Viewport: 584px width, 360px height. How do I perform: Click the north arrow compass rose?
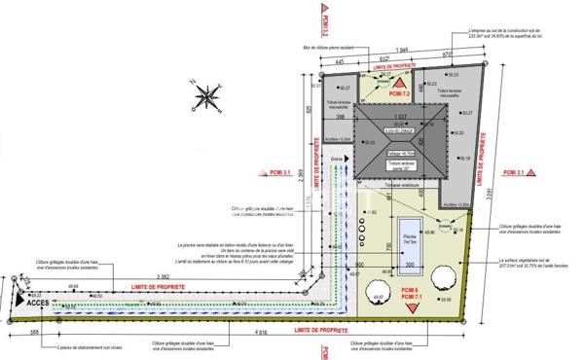coord(207,95)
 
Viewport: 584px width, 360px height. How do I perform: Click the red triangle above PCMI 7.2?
coord(399,84)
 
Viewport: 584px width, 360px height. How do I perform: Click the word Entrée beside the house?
coord(338,158)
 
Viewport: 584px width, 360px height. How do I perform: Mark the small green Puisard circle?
coord(449,231)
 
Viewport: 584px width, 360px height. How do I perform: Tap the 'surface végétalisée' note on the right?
coord(529,264)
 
